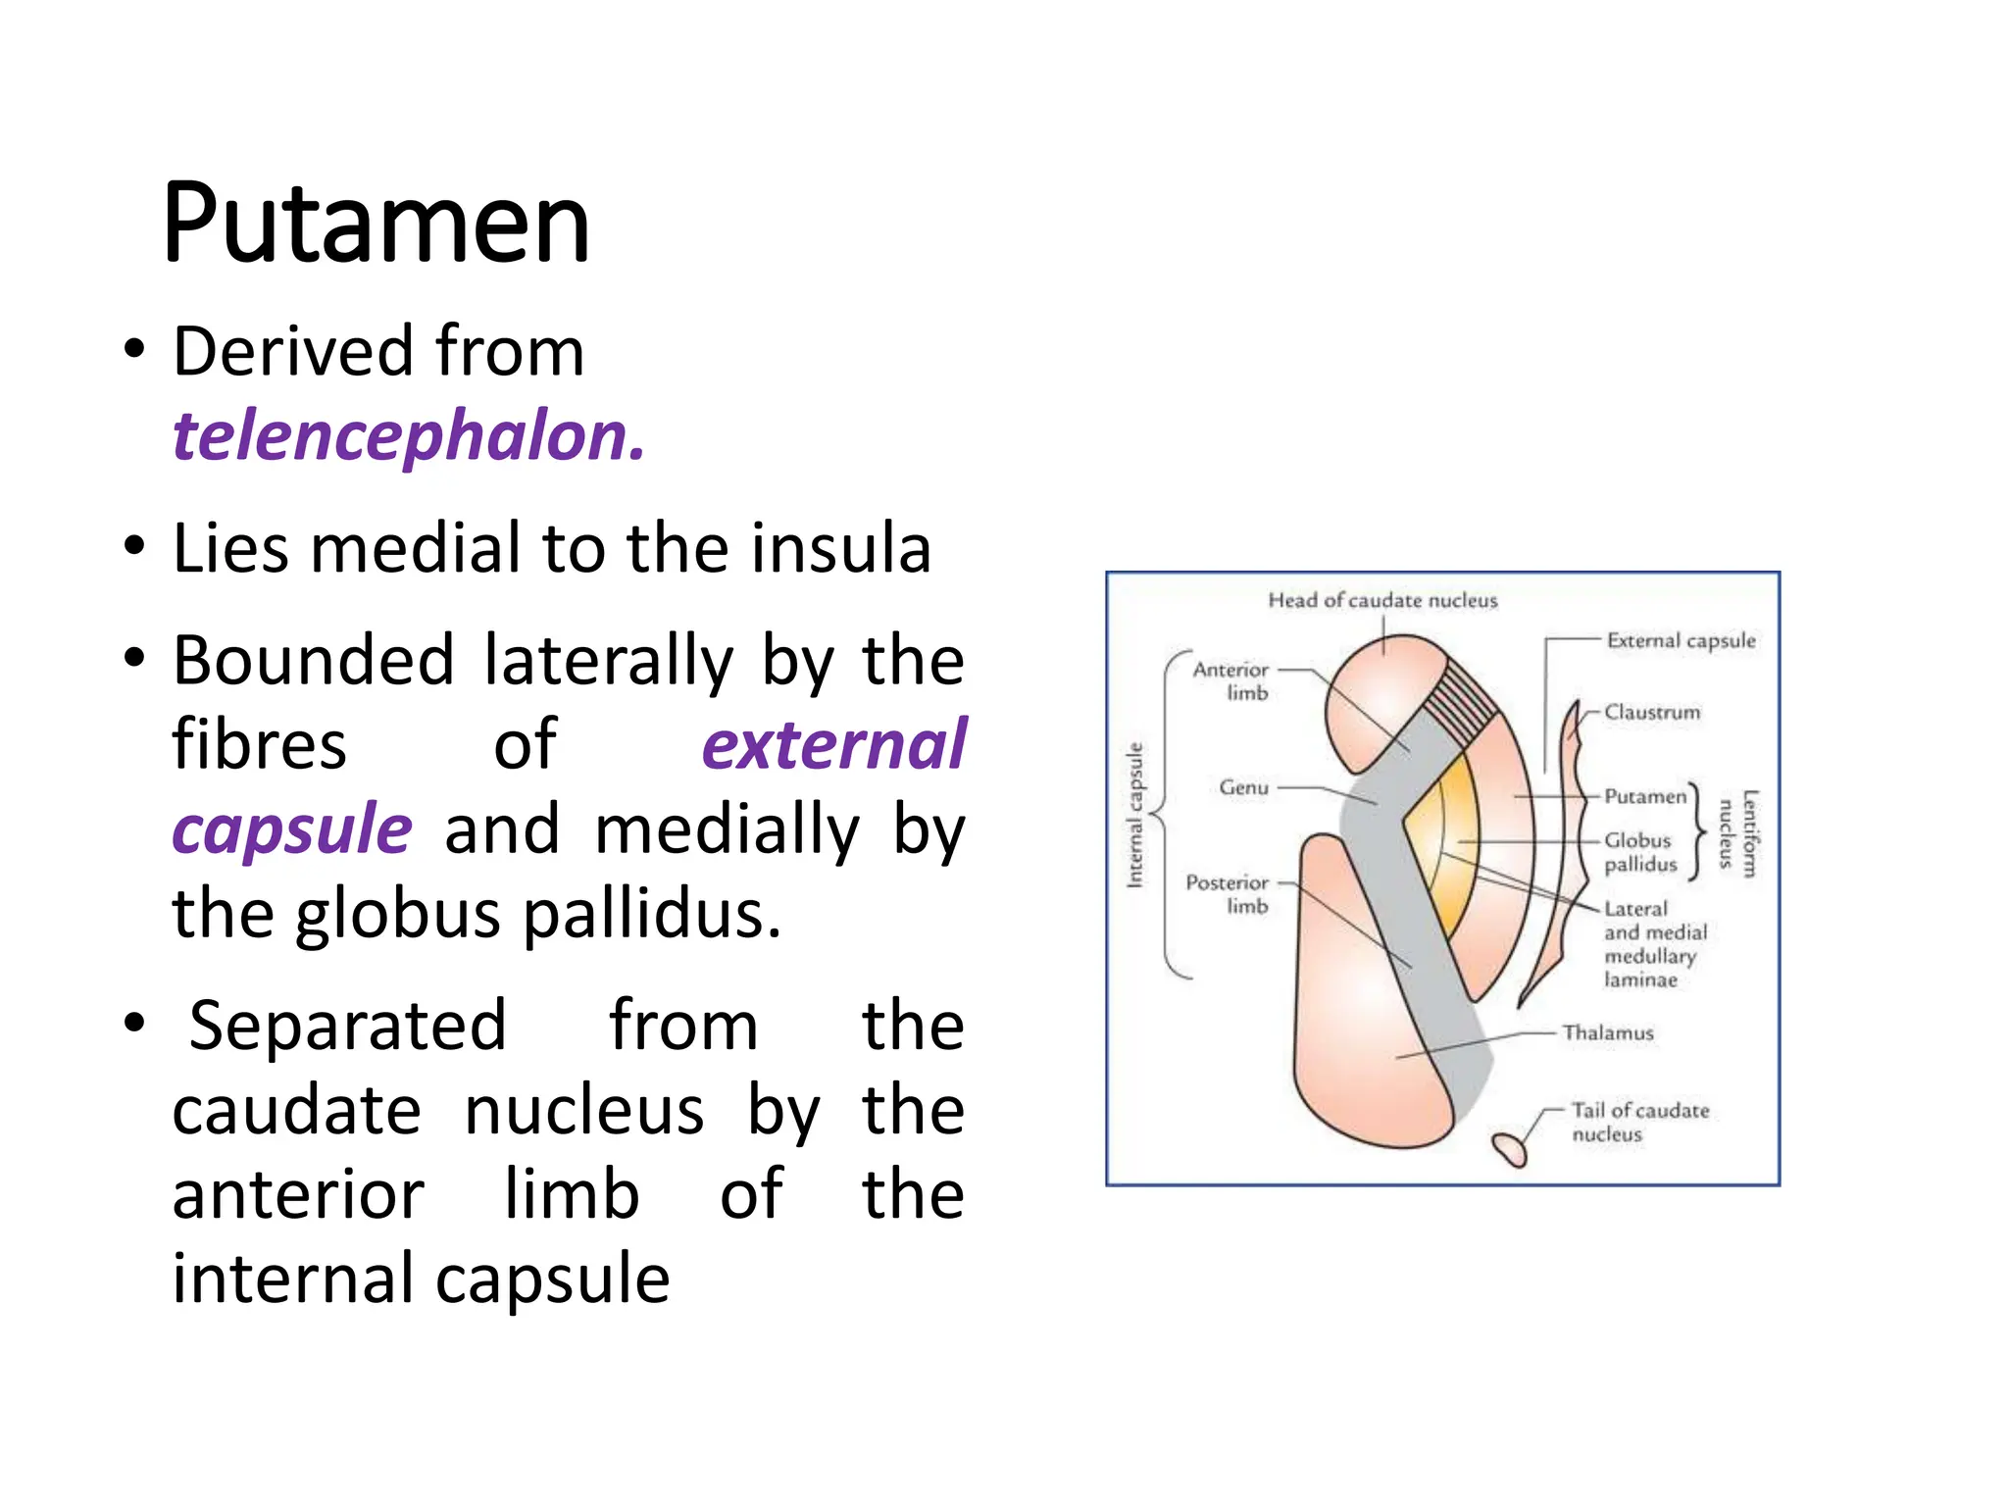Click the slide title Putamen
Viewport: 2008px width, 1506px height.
(376, 224)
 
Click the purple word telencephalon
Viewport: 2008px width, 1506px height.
(408, 436)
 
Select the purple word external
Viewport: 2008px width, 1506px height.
(833, 745)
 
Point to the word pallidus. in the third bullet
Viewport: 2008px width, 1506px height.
(651, 914)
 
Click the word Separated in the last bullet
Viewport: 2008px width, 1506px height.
(347, 1026)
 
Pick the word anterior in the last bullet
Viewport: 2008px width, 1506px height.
(298, 1195)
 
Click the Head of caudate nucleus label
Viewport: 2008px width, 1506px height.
(1382, 600)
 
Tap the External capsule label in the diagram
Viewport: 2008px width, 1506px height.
(1681, 640)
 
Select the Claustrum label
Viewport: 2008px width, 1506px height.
(1652, 712)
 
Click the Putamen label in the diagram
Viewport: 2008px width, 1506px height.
(1644, 796)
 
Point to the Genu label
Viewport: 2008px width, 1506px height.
(1243, 787)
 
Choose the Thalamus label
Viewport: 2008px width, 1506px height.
(1607, 1032)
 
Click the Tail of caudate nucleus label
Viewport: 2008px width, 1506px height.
(1639, 1122)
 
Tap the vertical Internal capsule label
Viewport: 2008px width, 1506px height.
(1134, 815)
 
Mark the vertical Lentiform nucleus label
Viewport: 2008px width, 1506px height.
(1738, 832)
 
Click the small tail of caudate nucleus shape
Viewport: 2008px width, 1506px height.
(1510, 1148)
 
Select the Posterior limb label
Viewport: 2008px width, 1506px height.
(1228, 893)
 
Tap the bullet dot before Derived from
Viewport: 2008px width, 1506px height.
(134, 350)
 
